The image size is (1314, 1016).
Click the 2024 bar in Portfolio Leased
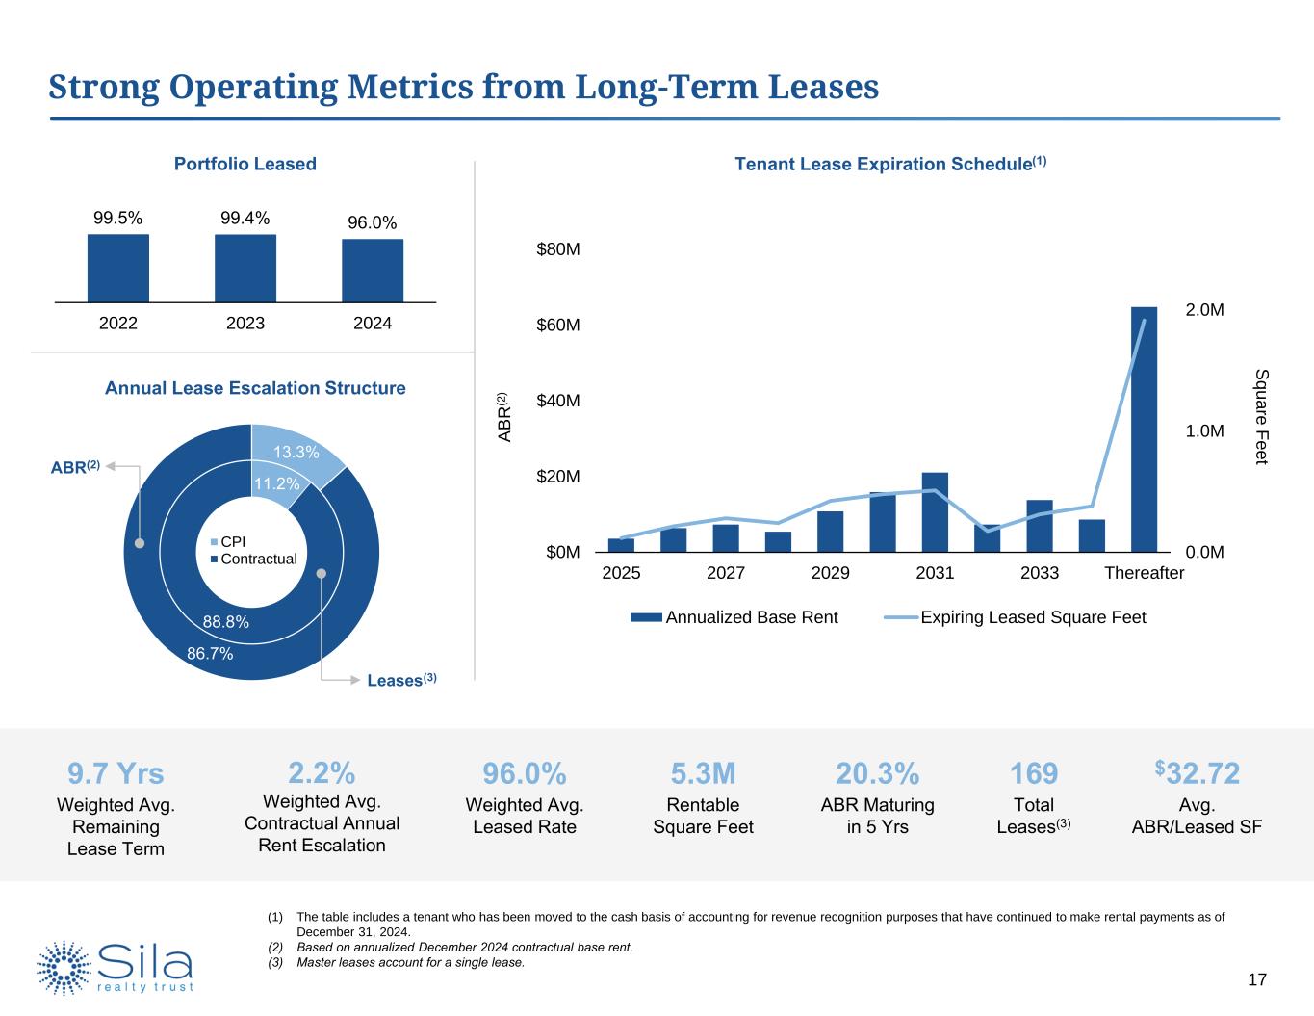click(373, 271)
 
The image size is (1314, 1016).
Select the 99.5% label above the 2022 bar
click(117, 219)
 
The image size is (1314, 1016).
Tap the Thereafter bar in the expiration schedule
click(1144, 430)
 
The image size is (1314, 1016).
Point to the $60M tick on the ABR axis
click(557, 325)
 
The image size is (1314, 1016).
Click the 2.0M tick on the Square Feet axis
click(1204, 310)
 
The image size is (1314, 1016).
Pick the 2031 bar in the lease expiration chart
click(935, 512)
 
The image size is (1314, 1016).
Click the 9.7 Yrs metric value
click(116, 774)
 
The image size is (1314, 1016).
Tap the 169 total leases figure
click(1034, 773)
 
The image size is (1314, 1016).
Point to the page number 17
click(1256, 979)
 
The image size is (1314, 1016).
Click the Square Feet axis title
click(1262, 416)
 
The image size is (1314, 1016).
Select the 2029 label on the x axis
click(830, 573)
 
